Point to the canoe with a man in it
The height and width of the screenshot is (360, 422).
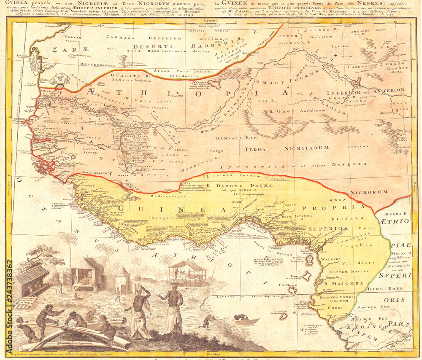(x=241, y=320)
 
